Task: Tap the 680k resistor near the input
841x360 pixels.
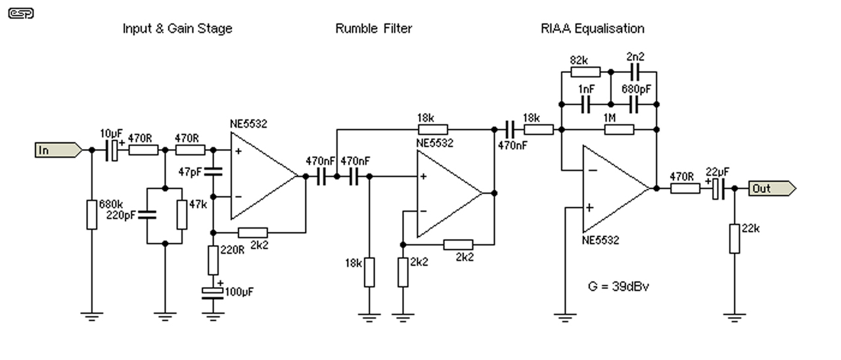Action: pos(92,215)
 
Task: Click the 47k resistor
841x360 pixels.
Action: pos(182,215)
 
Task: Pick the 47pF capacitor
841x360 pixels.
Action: pos(213,173)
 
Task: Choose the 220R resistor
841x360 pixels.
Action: pos(213,260)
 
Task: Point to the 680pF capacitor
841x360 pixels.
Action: pos(635,104)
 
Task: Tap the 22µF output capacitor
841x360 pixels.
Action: pos(719,189)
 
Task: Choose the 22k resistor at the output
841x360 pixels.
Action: pos(735,238)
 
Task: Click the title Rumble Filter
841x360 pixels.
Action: pos(373,28)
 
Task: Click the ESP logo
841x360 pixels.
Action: pos(21,13)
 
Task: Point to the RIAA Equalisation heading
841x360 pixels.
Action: pos(592,28)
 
